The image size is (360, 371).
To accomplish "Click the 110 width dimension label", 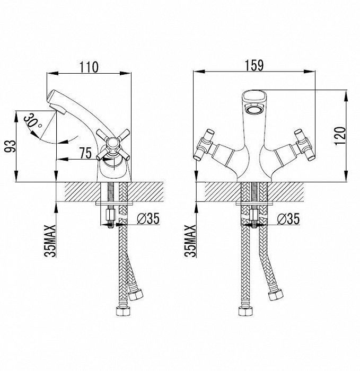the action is point(89,67).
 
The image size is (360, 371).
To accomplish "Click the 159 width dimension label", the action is point(254,66).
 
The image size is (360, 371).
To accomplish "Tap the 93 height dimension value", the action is point(11,147).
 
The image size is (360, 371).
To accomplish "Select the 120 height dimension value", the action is point(340,136).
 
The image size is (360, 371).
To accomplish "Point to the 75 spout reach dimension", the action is point(85,153).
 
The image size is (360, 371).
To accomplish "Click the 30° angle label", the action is point(32,121).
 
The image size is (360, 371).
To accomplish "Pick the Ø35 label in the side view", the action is point(148,218).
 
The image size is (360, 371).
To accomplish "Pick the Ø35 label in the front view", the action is point(288,218).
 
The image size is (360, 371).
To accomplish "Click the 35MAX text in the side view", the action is point(50,241).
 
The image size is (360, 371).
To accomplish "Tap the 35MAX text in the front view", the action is point(190,241).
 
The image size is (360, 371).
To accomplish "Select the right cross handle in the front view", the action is point(304,144).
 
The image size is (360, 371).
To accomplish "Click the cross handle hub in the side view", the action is point(112,143).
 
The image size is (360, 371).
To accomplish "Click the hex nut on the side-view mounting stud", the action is point(111,215).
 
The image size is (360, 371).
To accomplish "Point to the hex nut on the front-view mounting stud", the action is point(254,215).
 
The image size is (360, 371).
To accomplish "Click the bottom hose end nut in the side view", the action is point(124,311).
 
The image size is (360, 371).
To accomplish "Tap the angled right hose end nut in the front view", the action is point(276,295).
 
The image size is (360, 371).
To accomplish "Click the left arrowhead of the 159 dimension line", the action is point(199,71).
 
